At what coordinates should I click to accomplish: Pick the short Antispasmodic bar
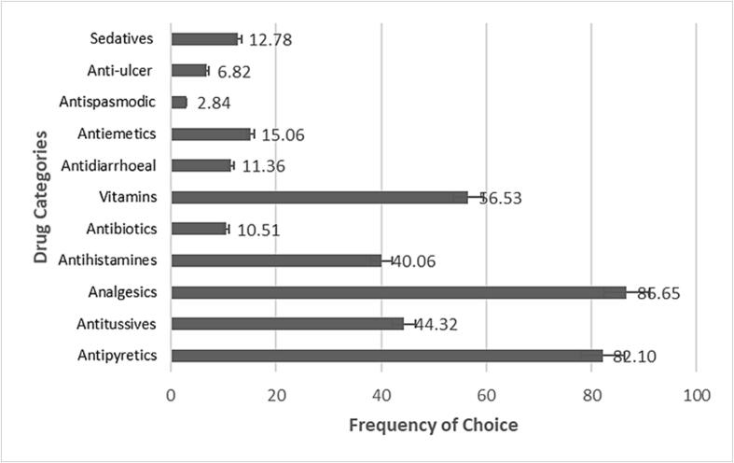(179, 102)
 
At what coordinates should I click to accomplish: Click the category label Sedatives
(121, 39)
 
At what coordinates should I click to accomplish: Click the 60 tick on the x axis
(486, 395)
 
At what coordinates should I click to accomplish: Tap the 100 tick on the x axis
(696, 395)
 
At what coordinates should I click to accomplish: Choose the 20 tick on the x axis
(276, 395)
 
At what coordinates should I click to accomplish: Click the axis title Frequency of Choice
(433, 425)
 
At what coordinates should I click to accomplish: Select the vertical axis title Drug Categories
(41, 198)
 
